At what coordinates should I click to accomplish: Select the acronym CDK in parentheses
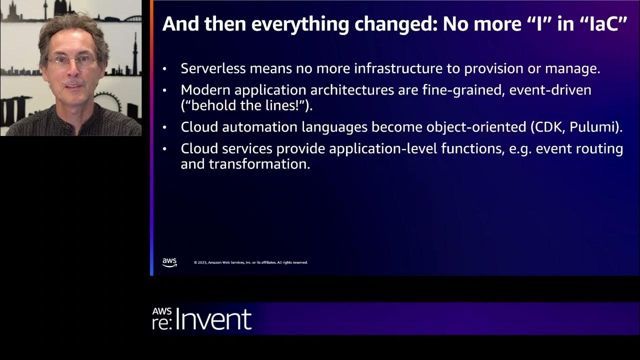click(x=548, y=127)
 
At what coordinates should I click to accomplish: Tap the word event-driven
click(x=549, y=90)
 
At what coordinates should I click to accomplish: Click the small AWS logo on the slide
click(x=169, y=262)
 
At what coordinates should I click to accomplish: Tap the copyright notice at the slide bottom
click(x=250, y=262)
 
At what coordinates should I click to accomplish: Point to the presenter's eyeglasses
click(x=71, y=62)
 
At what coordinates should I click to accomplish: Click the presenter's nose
click(x=74, y=71)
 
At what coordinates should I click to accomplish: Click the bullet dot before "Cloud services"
click(x=165, y=149)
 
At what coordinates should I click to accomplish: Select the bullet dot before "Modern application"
click(x=165, y=91)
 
